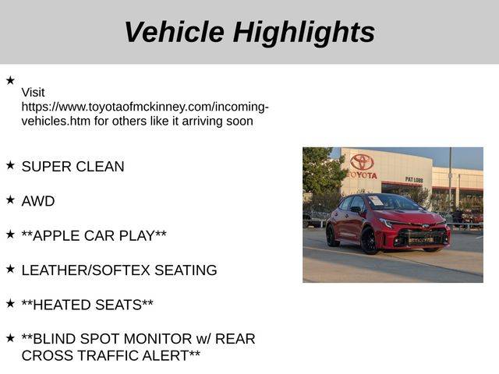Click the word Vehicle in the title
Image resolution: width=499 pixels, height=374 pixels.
(175, 32)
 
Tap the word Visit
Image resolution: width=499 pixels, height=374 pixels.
(33, 93)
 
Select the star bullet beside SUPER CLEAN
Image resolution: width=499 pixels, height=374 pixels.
(10, 165)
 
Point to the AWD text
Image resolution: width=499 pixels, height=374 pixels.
(38, 201)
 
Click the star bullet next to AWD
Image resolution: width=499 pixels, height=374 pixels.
(10, 199)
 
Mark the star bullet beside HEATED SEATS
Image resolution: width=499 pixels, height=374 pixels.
(10, 303)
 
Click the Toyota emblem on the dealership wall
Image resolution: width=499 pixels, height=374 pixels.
(362, 162)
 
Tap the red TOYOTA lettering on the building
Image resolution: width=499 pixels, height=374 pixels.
(362, 175)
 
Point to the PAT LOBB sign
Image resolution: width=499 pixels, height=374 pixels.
(414, 180)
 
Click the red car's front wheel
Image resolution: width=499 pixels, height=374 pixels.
(370, 241)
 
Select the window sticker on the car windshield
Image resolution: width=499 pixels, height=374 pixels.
(376, 200)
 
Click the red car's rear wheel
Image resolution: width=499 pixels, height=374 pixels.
(332, 235)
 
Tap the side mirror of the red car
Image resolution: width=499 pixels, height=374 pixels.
(356, 210)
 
